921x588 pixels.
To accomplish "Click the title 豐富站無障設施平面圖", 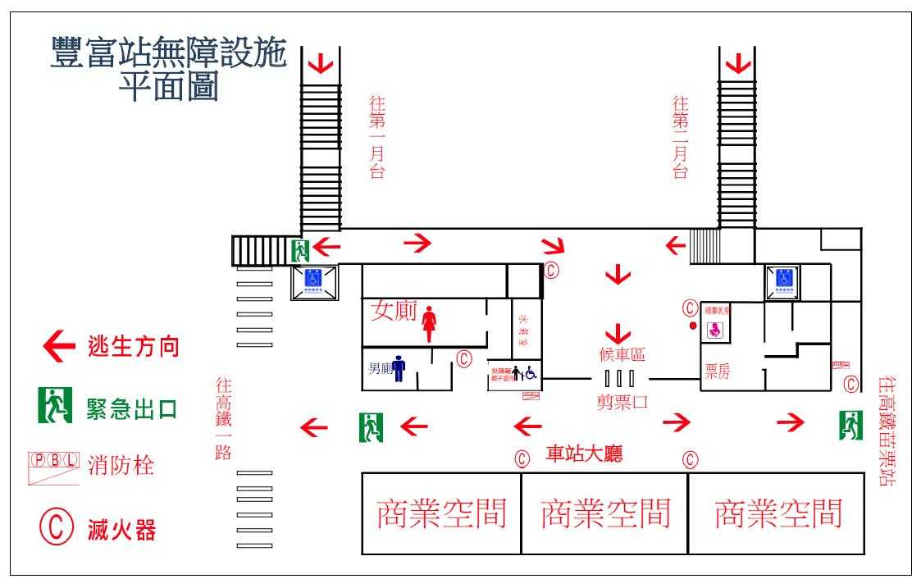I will coord(168,69).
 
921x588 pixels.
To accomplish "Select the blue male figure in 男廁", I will coord(399,368).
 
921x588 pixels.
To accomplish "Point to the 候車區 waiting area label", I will coord(622,355).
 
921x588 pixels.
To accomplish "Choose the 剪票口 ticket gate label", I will coord(622,402).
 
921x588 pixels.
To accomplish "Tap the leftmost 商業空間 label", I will coord(441,513).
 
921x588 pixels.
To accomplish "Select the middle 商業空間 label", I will coord(605,513).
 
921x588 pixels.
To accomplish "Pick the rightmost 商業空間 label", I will coord(778,513).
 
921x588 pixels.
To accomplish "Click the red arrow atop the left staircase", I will coord(321,62).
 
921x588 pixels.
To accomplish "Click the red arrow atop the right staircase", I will coord(738,62).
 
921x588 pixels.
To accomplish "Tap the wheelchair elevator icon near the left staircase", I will coord(313,280).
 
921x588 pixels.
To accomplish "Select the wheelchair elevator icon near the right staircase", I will coord(784,279).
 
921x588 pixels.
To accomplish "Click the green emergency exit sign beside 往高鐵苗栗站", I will coord(850,425).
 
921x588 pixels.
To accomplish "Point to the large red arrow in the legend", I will coord(58,347).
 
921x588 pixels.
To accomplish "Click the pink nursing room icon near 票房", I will coord(715,330).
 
